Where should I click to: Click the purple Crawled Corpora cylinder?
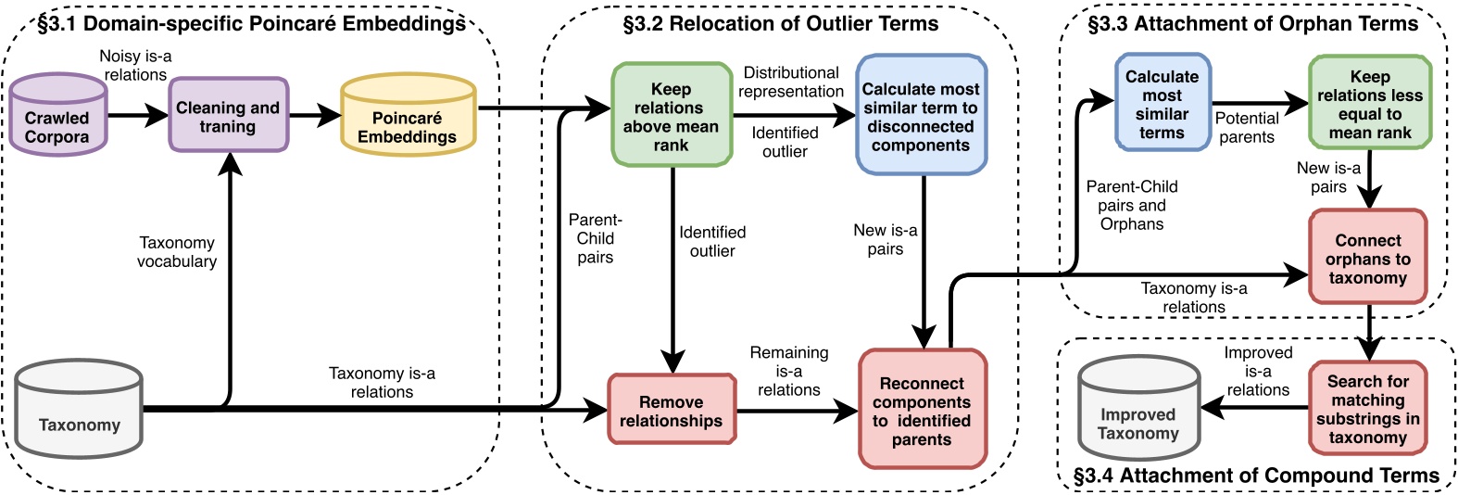[x=57, y=117]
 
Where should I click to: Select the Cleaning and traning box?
[x=228, y=115]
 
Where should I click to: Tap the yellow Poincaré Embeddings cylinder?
[x=408, y=119]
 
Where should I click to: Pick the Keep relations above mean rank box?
[x=672, y=115]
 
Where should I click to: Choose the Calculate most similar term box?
[x=921, y=115]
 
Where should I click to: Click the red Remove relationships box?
[x=672, y=410]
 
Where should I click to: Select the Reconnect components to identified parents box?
[x=922, y=409]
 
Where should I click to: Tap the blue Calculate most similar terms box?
[x=1162, y=103]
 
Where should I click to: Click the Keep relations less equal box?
[x=1370, y=103]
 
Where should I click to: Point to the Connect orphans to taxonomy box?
[x=1367, y=257]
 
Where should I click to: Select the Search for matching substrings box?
[x=1367, y=408]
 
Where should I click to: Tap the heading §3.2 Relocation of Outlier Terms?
[x=780, y=24]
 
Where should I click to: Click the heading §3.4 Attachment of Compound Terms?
[x=1256, y=476]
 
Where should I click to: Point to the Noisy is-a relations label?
[x=135, y=65]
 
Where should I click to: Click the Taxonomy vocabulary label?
[x=176, y=251]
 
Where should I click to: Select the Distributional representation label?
[x=791, y=82]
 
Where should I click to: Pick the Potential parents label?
[x=1247, y=127]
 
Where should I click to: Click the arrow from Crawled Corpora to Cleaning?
[x=138, y=116]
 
